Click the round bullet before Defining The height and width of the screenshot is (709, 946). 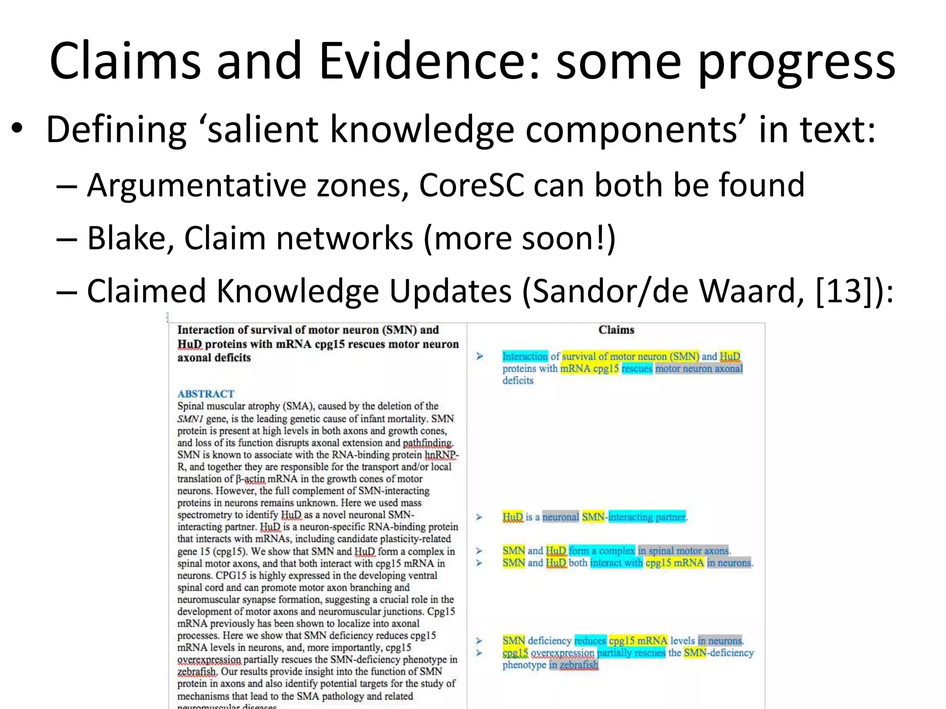click(x=18, y=129)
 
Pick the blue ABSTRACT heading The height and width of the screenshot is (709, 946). click(x=206, y=394)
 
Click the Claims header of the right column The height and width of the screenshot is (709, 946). click(x=616, y=330)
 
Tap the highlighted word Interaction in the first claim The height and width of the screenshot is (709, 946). click(x=525, y=356)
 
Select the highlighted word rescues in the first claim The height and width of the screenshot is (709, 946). click(x=637, y=368)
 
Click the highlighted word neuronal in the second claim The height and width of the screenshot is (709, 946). click(x=560, y=517)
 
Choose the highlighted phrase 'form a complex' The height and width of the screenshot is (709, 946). click(x=602, y=551)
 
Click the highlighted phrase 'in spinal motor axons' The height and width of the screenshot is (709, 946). click(x=683, y=551)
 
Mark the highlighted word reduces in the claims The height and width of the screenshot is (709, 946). click(x=590, y=641)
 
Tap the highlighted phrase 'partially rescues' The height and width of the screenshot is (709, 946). click(x=631, y=653)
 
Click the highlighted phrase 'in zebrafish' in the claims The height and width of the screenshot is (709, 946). click(x=574, y=665)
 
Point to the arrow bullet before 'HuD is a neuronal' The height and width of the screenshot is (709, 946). click(x=479, y=517)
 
